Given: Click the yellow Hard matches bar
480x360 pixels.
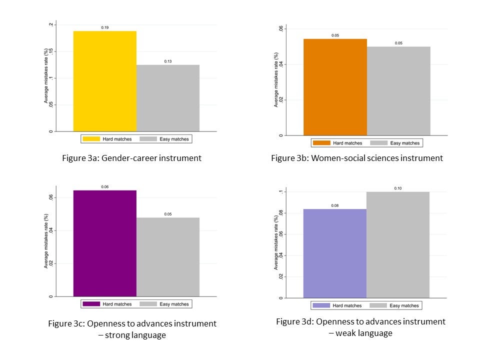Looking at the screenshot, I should [x=105, y=81].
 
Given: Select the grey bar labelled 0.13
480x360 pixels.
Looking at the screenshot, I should [x=168, y=98].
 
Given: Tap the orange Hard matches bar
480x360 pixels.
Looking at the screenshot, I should [x=335, y=87].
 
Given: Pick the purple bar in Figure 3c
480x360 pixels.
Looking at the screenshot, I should [x=105, y=243].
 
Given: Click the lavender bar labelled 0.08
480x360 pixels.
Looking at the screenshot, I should [x=335, y=253].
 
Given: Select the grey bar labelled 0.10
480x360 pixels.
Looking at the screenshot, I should [x=398, y=244].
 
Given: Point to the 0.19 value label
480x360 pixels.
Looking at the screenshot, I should [x=105, y=27].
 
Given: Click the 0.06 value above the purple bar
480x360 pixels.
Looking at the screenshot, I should [x=105, y=187].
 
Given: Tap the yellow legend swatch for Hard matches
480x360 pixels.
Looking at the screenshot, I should [x=91, y=138].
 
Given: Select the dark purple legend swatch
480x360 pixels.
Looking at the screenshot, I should [x=91, y=304].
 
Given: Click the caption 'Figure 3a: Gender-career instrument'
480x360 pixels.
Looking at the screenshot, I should [x=131, y=158].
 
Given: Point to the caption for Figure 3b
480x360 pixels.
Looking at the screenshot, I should [x=357, y=158].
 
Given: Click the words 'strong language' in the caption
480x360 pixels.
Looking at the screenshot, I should [x=135, y=335].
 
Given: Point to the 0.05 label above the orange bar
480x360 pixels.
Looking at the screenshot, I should [x=335, y=35].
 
